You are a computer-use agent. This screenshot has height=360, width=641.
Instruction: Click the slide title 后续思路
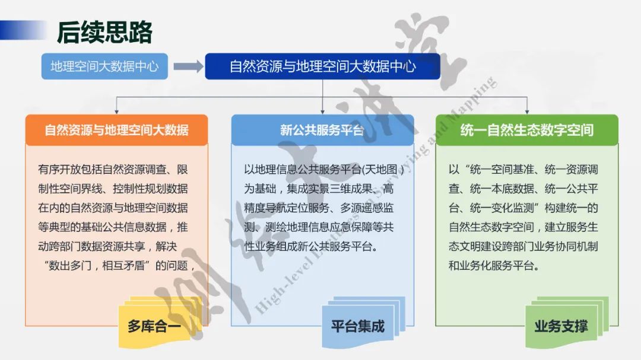point(104,32)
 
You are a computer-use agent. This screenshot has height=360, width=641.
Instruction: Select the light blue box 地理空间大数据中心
point(104,66)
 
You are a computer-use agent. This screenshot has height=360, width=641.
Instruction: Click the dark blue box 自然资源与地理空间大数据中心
point(322,66)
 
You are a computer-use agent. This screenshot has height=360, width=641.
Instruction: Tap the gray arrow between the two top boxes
point(188,66)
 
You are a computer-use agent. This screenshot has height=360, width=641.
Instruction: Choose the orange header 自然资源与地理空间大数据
point(116,130)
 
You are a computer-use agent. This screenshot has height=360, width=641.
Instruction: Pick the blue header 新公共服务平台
point(322,130)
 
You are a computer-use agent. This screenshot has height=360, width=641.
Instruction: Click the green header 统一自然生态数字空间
point(526,130)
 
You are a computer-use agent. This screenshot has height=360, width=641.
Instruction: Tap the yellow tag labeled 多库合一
point(154,326)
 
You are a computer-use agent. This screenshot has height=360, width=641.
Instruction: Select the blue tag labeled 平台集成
point(357,326)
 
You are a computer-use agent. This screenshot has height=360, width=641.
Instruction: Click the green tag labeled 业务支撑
point(561,326)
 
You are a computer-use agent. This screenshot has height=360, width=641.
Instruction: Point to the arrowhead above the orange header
point(117,110)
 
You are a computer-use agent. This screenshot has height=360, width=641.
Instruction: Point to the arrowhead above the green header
point(526,110)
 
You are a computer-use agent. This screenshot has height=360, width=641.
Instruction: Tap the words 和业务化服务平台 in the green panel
point(494,265)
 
